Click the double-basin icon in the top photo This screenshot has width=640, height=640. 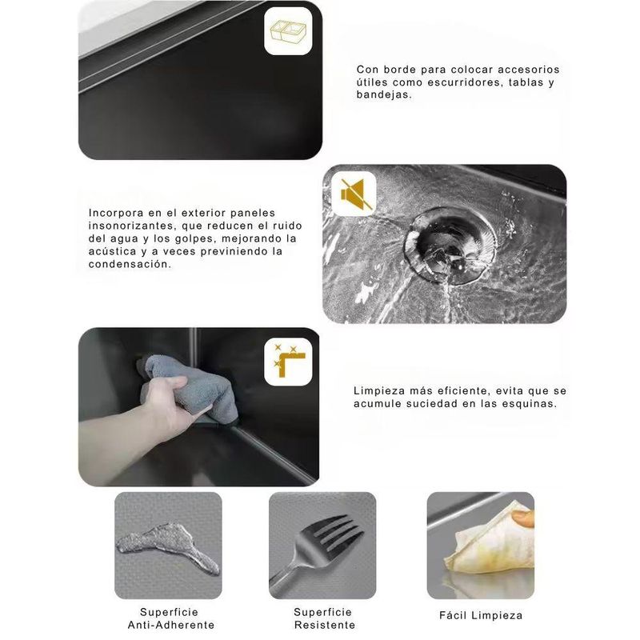point(287,31)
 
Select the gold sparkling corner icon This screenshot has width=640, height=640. point(289,362)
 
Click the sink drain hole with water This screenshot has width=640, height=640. point(450,245)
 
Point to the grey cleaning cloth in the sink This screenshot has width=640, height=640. point(192,386)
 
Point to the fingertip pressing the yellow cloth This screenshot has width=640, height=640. point(522,518)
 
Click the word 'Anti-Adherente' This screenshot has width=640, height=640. point(171,625)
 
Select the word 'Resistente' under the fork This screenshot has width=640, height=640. point(325,625)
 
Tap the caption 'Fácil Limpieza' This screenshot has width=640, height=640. point(481,615)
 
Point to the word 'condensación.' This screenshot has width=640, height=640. point(130,264)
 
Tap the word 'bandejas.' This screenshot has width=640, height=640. point(384,94)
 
